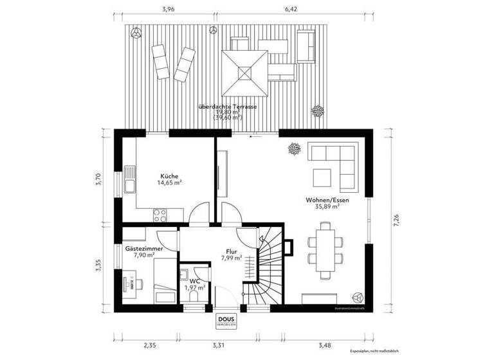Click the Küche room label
pos(169,175)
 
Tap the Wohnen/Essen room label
pos(327,201)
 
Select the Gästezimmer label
pos(143,248)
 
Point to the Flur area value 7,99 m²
pos(231,258)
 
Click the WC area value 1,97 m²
pos(194,287)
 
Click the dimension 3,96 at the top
pos(168,10)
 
